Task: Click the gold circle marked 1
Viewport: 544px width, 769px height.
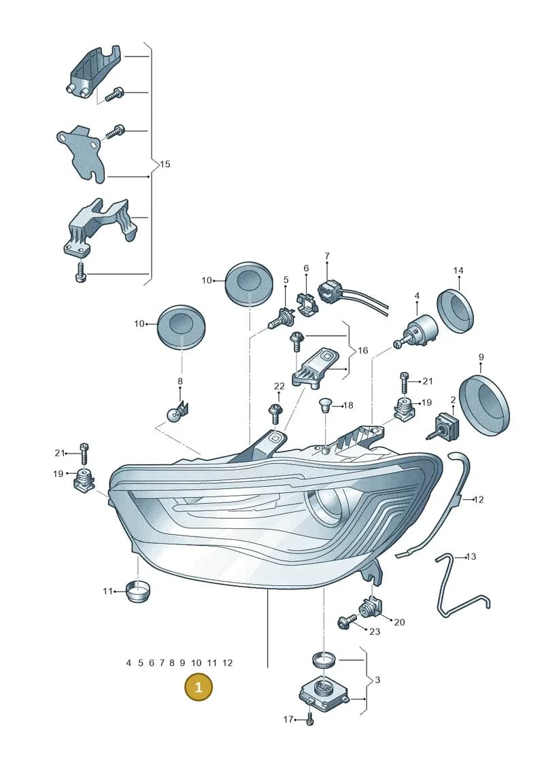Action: click(x=198, y=687)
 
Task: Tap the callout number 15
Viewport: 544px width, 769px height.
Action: click(x=165, y=164)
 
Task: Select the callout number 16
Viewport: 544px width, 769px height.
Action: click(x=362, y=350)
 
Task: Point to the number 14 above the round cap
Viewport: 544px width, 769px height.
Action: click(x=458, y=270)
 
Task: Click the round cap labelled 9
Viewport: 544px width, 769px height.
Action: click(x=485, y=402)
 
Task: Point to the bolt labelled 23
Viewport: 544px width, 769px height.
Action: click(x=347, y=621)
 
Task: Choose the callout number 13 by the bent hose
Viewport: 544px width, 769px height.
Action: click(x=471, y=557)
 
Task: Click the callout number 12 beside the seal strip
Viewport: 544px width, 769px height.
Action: click(x=479, y=500)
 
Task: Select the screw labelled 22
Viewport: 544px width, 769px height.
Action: click(x=275, y=413)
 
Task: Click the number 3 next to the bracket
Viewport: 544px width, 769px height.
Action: click(x=377, y=680)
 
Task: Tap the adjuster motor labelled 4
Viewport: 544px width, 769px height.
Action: click(x=417, y=332)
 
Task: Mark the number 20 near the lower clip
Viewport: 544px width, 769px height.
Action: click(x=399, y=622)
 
